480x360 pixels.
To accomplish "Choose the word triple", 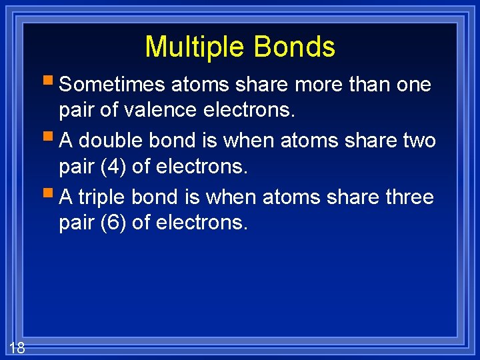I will pos(103,197).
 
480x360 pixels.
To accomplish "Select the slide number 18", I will pos(17,347).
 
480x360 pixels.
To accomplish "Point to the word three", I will pos(407,197).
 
